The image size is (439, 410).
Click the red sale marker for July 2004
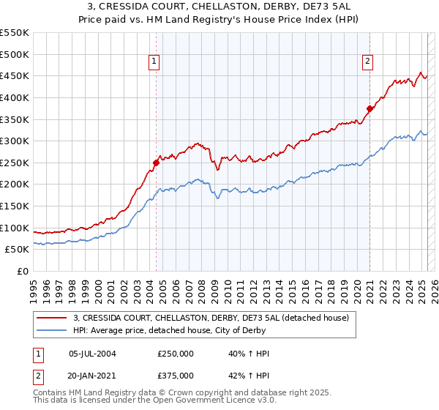pos(157,163)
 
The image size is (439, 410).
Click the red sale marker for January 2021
pos(369,108)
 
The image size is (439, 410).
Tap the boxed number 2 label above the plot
pos(367,62)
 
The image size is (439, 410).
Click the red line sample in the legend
pos(53,318)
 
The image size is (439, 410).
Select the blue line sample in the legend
pos(53,329)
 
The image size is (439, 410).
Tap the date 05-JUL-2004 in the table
pos(92,354)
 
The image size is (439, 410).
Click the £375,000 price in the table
pos(176,375)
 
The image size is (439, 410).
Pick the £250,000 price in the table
pos(176,354)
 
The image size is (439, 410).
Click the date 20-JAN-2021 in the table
pos(92,375)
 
